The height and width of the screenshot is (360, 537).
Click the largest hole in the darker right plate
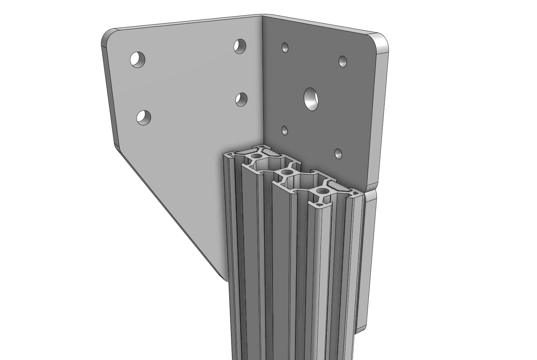point(311,99)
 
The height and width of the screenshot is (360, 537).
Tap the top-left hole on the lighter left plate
point(138,60)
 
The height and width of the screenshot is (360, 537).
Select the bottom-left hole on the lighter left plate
point(144,117)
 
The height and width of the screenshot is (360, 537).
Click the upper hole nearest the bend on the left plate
point(239,46)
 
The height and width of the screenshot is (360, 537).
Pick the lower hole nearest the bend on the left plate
point(241,99)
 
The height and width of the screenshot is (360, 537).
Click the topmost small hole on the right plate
point(285,48)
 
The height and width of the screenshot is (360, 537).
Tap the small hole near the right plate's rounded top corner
point(343,61)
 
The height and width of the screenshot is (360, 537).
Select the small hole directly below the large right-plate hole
point(285,130)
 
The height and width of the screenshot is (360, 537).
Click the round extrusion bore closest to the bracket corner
point(256,156)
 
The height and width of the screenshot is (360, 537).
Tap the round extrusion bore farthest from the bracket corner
point(322,191)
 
